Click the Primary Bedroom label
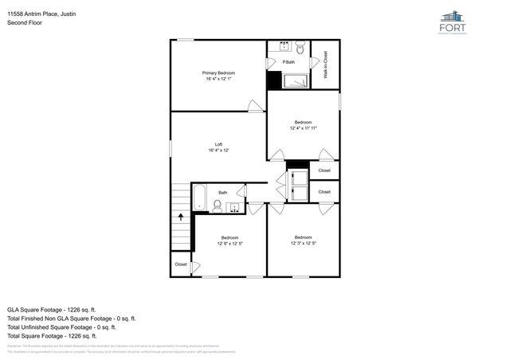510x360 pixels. tap(218, 73)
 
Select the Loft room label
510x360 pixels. tap(218, 145)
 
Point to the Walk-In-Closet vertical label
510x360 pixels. tap(325, 65)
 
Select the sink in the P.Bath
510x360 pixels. tap(284, 46)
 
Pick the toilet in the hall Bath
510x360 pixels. tap(217, 205)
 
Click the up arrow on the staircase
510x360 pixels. tap(181, 214)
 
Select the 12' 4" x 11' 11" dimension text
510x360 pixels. tap(304, 127)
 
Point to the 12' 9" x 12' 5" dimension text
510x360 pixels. tap(229, 244)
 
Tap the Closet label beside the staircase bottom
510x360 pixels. tap(181, 264)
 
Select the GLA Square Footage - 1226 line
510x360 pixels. tap(51, 308)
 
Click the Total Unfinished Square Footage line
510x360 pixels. tap(61, 327)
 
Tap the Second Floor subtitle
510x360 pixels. tap(24, 23)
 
